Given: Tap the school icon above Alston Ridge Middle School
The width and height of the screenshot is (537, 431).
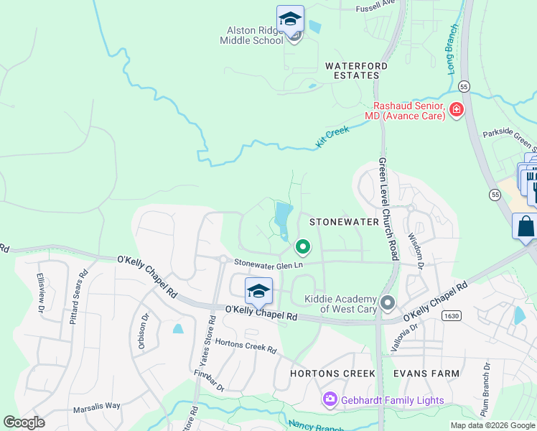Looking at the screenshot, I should click(290, 19).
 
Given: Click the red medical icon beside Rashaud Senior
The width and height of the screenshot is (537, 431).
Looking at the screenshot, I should click(456, 110).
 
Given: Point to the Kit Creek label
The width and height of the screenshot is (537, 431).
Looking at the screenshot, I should click(332, 136).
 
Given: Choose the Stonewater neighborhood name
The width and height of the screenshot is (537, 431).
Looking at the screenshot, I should click(344, 222).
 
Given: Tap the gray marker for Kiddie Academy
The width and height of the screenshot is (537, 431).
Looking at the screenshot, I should click(388, 303).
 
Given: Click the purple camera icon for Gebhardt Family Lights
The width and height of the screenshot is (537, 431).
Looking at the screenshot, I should click(330, 399).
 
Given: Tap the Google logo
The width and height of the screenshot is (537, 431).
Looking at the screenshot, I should click(24, 422).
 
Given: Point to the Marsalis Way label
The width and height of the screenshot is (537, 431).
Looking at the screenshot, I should click(96, 406).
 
